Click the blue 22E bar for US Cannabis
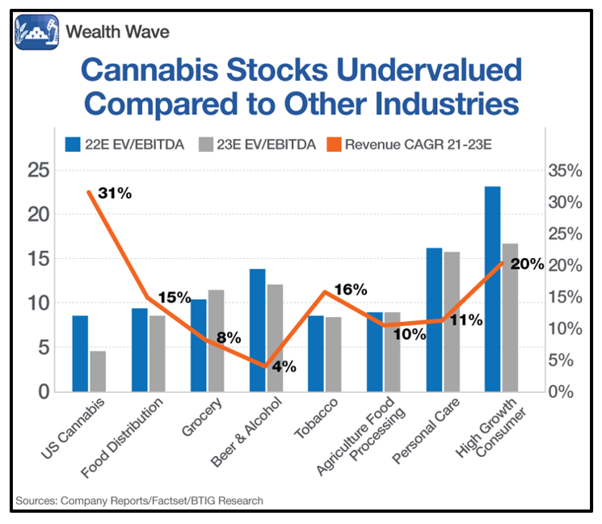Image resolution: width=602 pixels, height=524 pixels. pos(80,353)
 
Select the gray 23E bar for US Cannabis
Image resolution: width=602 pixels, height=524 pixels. pos(98,371)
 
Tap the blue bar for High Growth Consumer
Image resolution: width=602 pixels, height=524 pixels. pos(492,289)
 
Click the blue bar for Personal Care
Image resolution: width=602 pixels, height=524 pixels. pos(434,319)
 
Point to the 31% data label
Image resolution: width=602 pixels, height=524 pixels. pos(115,193)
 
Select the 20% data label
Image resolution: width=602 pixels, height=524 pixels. pos(526,264)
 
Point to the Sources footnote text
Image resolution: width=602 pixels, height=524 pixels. pos(139,501)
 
